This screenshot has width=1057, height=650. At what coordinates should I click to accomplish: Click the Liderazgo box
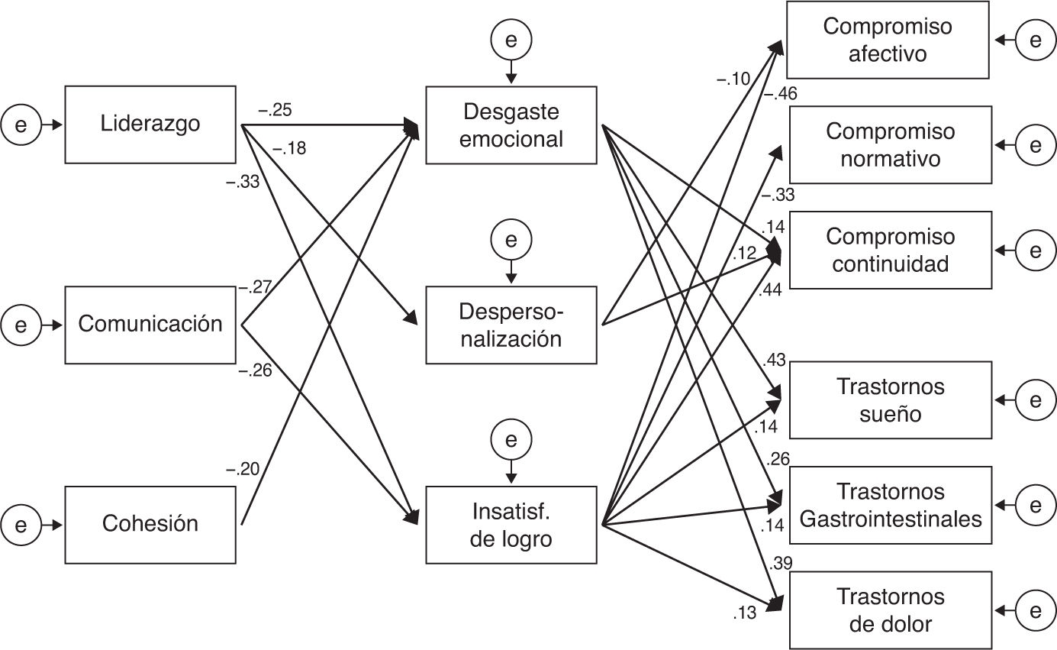tap(150, 125)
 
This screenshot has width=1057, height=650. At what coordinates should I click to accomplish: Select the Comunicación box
tap(150, 325)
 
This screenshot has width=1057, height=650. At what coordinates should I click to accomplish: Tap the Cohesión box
tap(150, 525)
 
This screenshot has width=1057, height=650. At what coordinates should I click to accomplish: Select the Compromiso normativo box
tap(889, 145)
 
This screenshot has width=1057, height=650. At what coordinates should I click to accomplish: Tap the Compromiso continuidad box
tap(889, 250)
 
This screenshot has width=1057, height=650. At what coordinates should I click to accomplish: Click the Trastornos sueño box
tap(889, 400)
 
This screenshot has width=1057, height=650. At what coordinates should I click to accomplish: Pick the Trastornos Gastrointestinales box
tap(889, 505)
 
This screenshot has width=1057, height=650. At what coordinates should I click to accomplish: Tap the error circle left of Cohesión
tap(21, 525)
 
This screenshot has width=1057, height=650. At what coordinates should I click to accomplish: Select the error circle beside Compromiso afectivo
tap(1035, 40)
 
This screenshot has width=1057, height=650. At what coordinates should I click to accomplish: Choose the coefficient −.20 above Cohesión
tap(242, 471)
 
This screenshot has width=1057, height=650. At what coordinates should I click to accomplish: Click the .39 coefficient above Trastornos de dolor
tap(781, 564)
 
